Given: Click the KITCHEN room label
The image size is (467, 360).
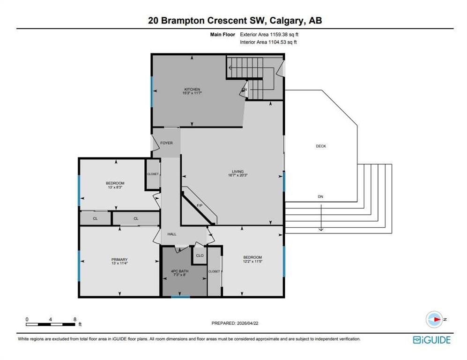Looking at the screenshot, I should click(192, 89).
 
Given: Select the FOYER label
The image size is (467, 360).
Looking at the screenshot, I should click(166, 143).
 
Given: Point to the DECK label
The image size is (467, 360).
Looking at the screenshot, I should click(320, 146).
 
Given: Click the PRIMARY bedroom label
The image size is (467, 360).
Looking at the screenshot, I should click(119, 259).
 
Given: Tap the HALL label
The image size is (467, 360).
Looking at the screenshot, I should click(172, 234).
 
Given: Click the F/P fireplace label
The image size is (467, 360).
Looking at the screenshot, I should click(199, 206).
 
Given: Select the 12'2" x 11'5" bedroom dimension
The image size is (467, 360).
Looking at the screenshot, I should click(252, 262).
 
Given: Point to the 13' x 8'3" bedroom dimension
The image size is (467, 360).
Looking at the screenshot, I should click(115, 187).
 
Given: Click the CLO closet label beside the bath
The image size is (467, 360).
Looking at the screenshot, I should click(200, 255).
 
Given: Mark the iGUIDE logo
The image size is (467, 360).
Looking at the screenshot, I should click(431, 340).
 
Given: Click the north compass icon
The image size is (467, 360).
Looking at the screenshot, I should click(434, 319).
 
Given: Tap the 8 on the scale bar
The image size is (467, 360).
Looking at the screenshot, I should click(75, 319).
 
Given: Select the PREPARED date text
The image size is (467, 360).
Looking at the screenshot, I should click(235, 323).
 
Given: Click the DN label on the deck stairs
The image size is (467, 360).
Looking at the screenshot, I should click(320, 197).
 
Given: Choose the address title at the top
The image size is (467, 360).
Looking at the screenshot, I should click(233, 21).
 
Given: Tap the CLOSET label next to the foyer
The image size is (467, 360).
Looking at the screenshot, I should click(153, 174).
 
